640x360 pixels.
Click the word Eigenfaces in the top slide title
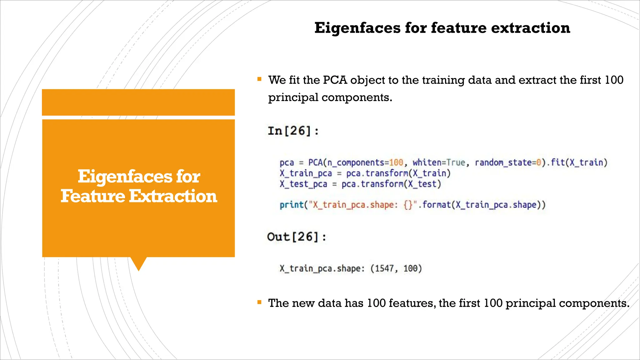pyautogui.click(x=357, y=28)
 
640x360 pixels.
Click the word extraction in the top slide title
pyautogui.click(x=530, y=28)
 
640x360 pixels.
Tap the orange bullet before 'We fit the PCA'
pyautogui.click(x=259, y=79)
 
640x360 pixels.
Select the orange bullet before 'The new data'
pyautogui.click(x=259, y=302)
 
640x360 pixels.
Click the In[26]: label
pyautogui.click(x=293, y=131)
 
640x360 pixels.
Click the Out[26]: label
pyautogui.click(x=297, y=237)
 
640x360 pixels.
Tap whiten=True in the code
pyautogui.click(x=439, y=162)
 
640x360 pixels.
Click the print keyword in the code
pyautogui.click(x=291, y=205)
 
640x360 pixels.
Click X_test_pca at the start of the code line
pyautogui.click(x=303, y=184)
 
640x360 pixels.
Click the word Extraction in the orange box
pyautogui.click(x=173, y=196)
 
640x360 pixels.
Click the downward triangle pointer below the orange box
pyautogui.click(x=138, y=263)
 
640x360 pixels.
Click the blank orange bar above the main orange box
pyautogui.click(x=138, y=102)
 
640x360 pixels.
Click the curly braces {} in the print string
pyautogui.click(x=408, y=205)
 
